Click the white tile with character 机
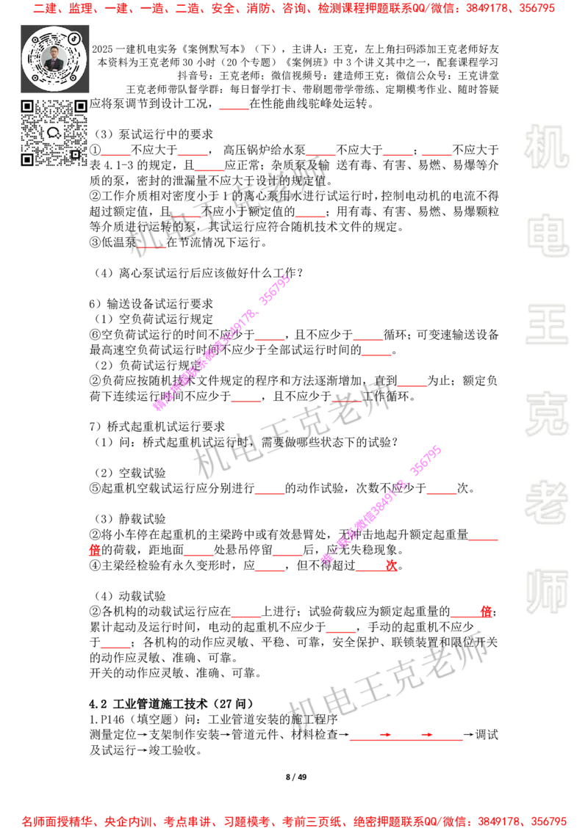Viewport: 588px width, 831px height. point(546,147)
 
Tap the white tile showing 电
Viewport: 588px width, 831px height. point(549,235)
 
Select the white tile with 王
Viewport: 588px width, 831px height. point(546,325)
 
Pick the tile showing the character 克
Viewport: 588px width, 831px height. point(546,414)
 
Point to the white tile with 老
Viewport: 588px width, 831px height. point(546,502)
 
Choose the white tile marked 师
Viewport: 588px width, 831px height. point(546,593)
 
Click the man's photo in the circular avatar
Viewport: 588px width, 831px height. point(54,58)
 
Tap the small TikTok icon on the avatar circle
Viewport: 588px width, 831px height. point(74,37)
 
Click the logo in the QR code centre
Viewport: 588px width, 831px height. point(54,133)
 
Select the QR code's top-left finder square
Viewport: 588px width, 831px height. point(27,106)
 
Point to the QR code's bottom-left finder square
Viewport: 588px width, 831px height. point(27,159)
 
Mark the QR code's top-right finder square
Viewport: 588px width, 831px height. point(80,106)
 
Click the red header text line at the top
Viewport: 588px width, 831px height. point(294,9)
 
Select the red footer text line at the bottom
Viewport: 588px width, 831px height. point(294,821)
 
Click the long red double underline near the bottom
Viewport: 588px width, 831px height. point(406,740)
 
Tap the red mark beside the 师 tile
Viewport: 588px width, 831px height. point(486,611)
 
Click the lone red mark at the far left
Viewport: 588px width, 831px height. point(94,550)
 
